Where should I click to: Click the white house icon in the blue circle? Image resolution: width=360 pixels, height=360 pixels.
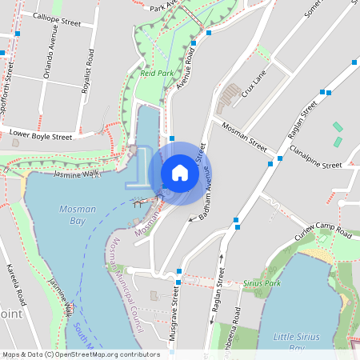click(x=180, y=173)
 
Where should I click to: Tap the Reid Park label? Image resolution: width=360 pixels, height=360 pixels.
click(x=157, y=73)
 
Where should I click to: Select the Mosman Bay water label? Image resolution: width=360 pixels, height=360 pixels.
click(x=78, y=214)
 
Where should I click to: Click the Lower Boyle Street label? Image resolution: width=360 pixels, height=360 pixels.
click(x=40, y=134)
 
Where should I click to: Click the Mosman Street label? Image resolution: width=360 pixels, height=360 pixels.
click(x=245, y=137)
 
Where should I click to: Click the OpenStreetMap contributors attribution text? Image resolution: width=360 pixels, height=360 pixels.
click(x=81, y=354)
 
